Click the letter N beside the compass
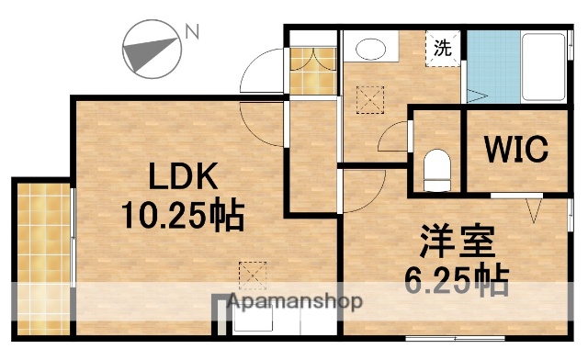coord(192,32)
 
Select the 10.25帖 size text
coord(183,216)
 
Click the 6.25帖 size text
coord(458,278)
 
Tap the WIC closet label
coord(511,148)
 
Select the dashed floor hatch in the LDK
coord(250,274)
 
